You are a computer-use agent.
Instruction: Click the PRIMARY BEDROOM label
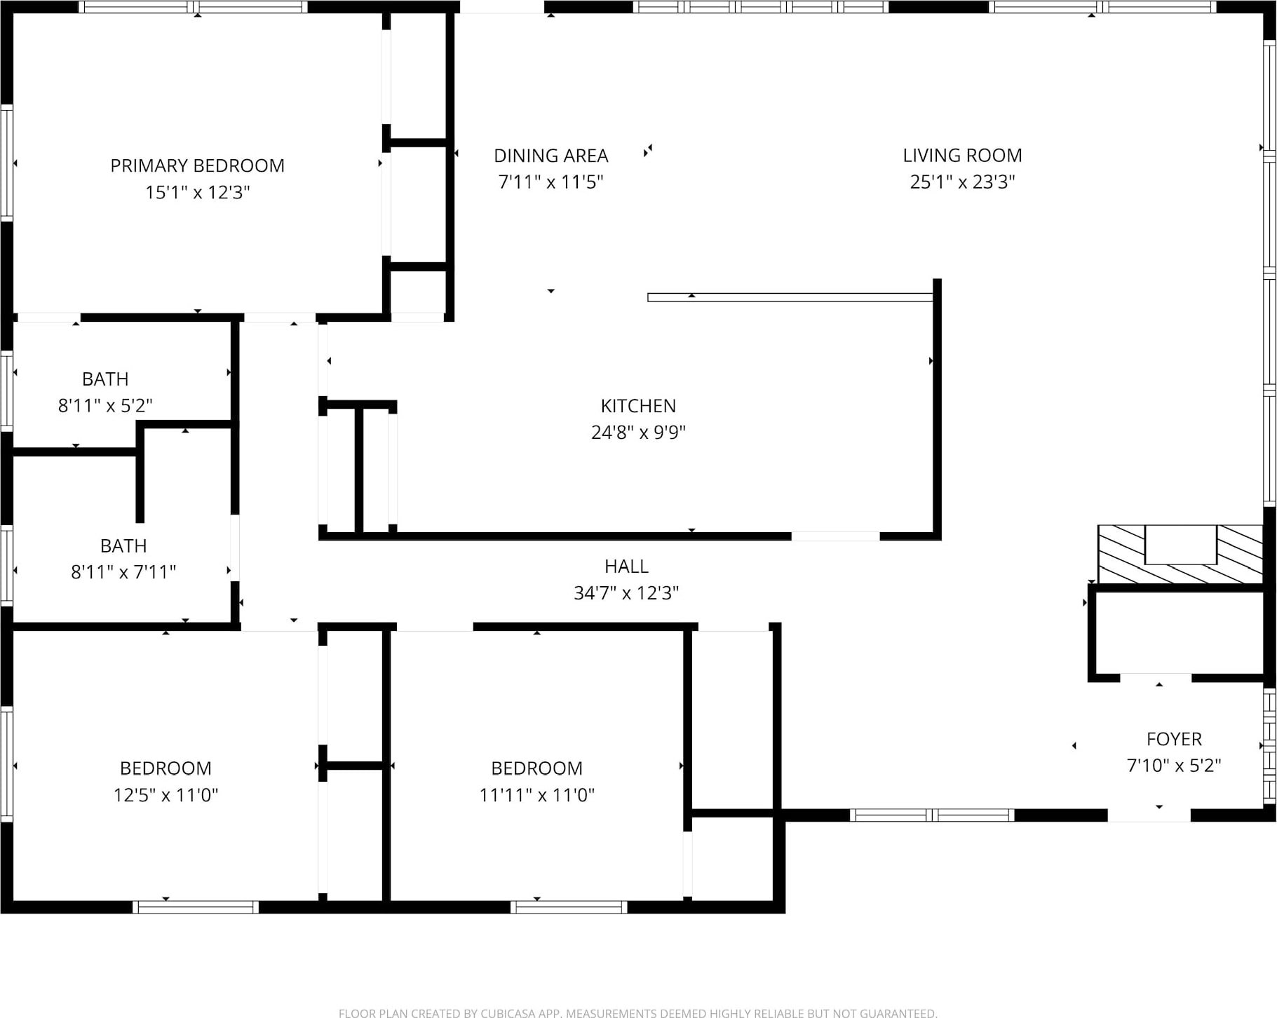[x=197, y=165]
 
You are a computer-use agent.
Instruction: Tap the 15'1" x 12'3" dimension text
[x=197, y=192]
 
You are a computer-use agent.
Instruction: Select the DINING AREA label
[x=550, y=156]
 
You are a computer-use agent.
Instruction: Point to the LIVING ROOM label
[x=962, y=156]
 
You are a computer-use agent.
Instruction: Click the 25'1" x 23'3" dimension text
[x=962, y=182]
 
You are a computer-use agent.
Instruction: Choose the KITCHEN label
[x=638, y=406]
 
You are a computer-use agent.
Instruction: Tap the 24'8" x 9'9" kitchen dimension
[x=638, y=433]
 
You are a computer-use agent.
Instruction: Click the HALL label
[x=626, y=566]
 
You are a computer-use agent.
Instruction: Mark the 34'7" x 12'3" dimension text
[x=626, y=593]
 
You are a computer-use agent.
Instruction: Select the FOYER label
[x=1174, y=739]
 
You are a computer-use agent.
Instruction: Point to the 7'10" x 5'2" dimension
[x=1174, y=766]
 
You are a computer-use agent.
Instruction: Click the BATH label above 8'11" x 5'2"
[x=105, y=379]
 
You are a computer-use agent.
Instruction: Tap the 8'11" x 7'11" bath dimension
[x=123, y=572]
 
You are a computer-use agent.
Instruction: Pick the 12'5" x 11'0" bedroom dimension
[x=165, y=795]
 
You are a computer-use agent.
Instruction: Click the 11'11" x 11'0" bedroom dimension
[x=536, y=795]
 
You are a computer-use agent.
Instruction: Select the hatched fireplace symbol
[x=1180, y=554]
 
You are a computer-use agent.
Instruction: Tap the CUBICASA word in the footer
[x=520, y=1013]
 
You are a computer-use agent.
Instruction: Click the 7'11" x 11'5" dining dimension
[x=550, y=182]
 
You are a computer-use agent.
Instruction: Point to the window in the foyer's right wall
[x=1269, y=746]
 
